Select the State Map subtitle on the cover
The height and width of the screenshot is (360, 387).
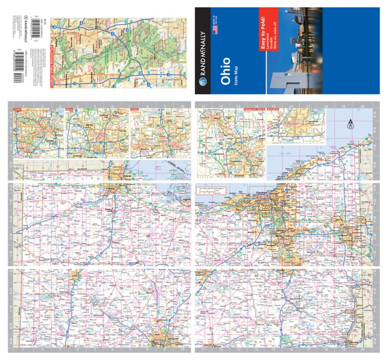(235, 76)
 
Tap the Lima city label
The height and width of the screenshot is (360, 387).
(75, 276)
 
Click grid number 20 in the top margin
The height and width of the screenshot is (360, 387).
(362, 106)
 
